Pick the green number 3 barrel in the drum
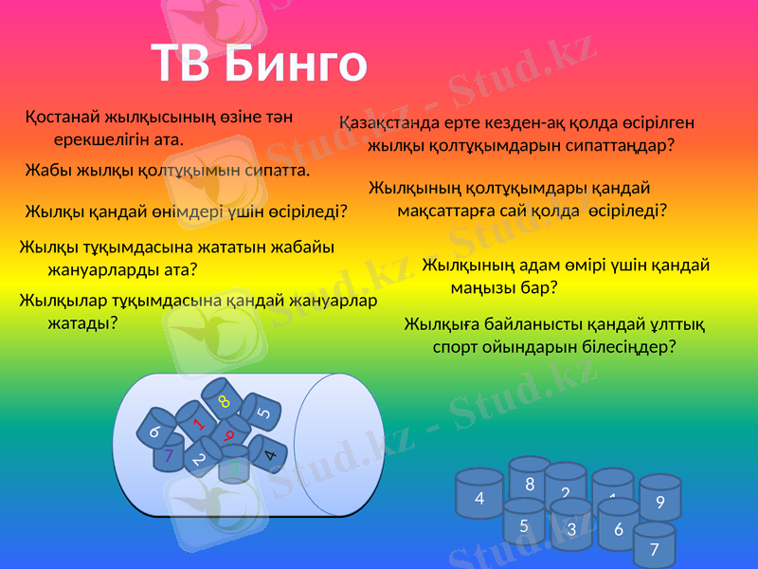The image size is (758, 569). [234, 466]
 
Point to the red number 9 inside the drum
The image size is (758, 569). [228, 433]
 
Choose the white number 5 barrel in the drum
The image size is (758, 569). [264, 413]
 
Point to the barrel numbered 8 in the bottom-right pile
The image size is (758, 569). [530, 484]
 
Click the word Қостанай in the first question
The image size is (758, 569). [64, 118]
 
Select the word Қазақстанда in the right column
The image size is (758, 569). [388, 122]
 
